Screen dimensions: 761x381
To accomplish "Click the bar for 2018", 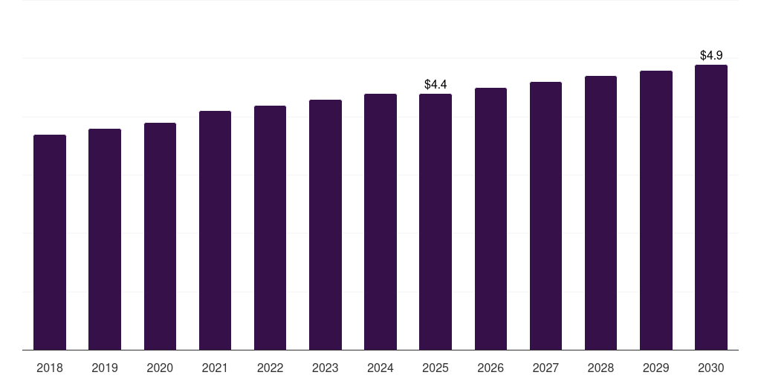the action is [50, 242].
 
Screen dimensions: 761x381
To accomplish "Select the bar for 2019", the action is [105, 239].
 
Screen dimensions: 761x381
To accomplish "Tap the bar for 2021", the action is [215, 231].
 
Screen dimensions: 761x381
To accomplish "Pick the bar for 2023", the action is [326, 225].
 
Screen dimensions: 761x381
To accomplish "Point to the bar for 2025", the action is [435, 222].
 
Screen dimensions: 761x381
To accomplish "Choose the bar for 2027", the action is [545, 216].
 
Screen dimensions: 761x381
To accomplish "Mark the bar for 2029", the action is [656, 211].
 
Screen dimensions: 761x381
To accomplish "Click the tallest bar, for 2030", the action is [711, 208].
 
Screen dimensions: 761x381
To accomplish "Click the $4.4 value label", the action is [435, 85].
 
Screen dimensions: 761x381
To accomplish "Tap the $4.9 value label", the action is [711, 55].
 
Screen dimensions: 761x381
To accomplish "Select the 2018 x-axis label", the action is [50, 368].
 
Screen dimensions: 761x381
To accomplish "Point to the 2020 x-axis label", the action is [160, 368].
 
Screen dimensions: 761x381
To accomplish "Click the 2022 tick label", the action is [270, 368].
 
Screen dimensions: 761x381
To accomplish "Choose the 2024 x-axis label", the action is [380, 368].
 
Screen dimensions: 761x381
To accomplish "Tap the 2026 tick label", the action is [490, 368].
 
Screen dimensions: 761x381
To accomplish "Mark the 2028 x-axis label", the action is [600, 368].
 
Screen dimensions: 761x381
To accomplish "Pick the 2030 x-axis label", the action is [711, 368].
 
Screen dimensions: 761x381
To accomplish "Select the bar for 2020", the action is [160, 236].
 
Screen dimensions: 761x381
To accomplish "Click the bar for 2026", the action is [490, 219].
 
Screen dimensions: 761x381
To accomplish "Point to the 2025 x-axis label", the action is [435, 368].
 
